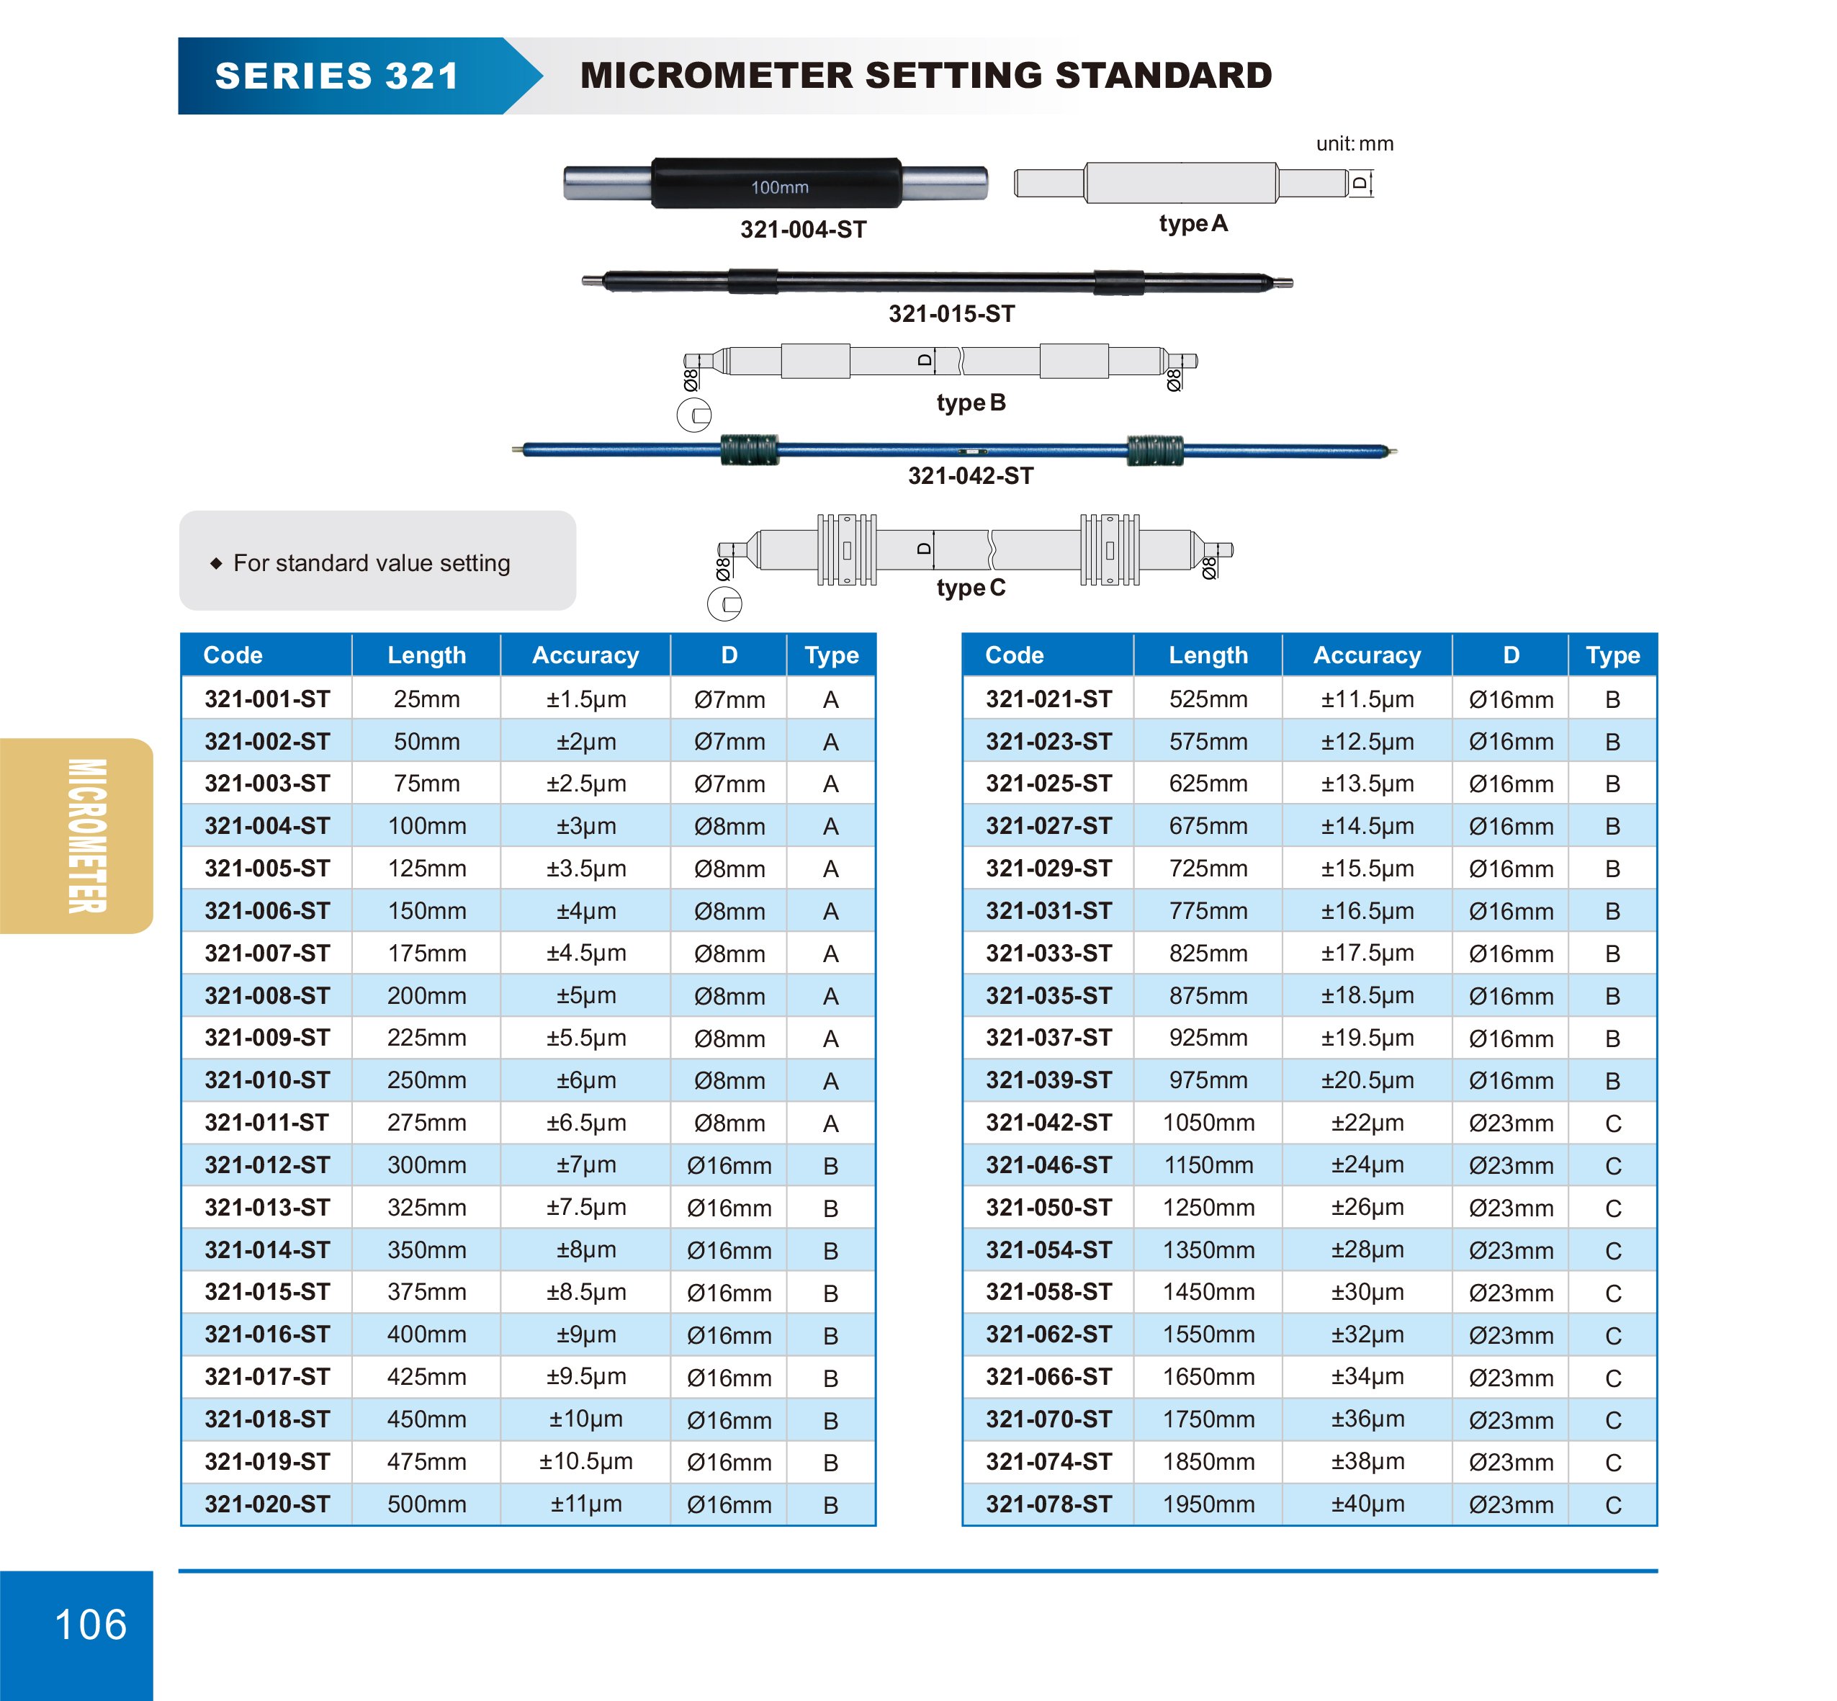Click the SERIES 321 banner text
tap(337, 76)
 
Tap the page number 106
tap(90, 1624)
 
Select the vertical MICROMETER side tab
tap(86, 836)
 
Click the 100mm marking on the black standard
tap(778, 187)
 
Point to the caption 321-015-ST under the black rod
tap(951, 314)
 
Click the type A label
tap(1193, 224)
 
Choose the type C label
tap(970, 587)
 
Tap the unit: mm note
tap(1354, 143)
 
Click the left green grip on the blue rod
tap(749, 450)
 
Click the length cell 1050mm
tap(1208, 1122)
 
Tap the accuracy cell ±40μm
tap(1367, 1503)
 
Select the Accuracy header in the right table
tap(1367, 655)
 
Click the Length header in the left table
tap(426, 655)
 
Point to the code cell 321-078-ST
tap(1048, 1503)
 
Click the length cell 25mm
tap(426, 699)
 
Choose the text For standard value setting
tap(371, 562)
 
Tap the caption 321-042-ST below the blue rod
tap(970, 476)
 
